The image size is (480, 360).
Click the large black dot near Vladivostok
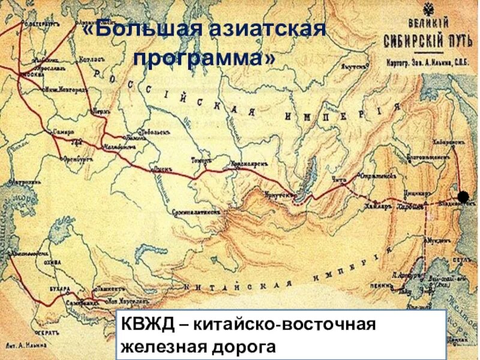pos(463,197)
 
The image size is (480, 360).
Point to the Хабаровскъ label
pos(448,142)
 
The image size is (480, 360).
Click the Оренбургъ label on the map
pos(79,160)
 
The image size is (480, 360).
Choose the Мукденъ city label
pos(437,239)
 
